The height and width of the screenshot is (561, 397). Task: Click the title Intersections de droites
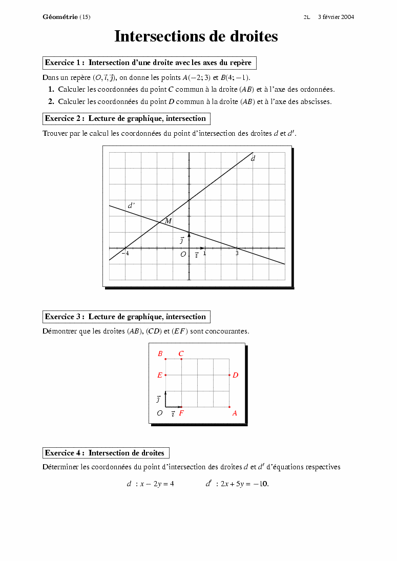pos(196,36)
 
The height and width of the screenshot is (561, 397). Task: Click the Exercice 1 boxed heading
pos(149,63)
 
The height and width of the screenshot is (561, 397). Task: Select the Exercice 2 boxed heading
pos(126,118)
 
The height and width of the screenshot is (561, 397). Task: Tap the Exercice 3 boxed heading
pos(126,317)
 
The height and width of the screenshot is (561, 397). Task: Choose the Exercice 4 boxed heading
pos(106,453)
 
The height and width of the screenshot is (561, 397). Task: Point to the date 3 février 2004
pos(336,17)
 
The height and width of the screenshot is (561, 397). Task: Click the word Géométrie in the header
pos(60,17)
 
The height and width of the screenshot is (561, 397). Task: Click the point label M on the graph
pos(168,221)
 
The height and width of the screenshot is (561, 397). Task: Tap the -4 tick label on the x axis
pos(125,254)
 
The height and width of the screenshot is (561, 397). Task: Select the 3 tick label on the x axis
pos(237,254)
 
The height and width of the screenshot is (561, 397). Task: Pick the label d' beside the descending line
pos(131,205)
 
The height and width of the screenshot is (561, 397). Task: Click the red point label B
pos(160,354)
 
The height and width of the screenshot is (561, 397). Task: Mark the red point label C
pos(181,354)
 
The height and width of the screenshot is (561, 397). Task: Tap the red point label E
pos(160,376)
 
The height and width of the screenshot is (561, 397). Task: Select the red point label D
pos(235,376)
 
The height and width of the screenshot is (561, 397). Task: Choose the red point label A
pos(235,413)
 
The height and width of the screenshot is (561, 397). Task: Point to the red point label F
pos(181,413)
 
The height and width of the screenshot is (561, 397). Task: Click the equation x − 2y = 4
pos(157,484)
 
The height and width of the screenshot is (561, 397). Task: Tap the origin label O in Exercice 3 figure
pos(160,413)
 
